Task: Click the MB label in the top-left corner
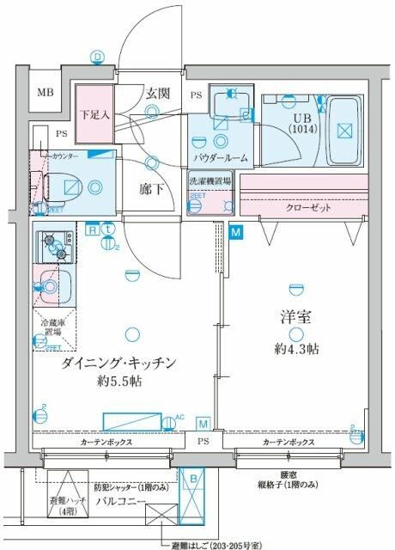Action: pos(43,95)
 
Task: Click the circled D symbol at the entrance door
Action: pos(97,58)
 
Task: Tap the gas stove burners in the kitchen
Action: pos(55,245)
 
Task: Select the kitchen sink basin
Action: pos(52,285)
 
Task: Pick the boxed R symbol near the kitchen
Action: pos(91,229)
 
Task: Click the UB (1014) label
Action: pos(301,124)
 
